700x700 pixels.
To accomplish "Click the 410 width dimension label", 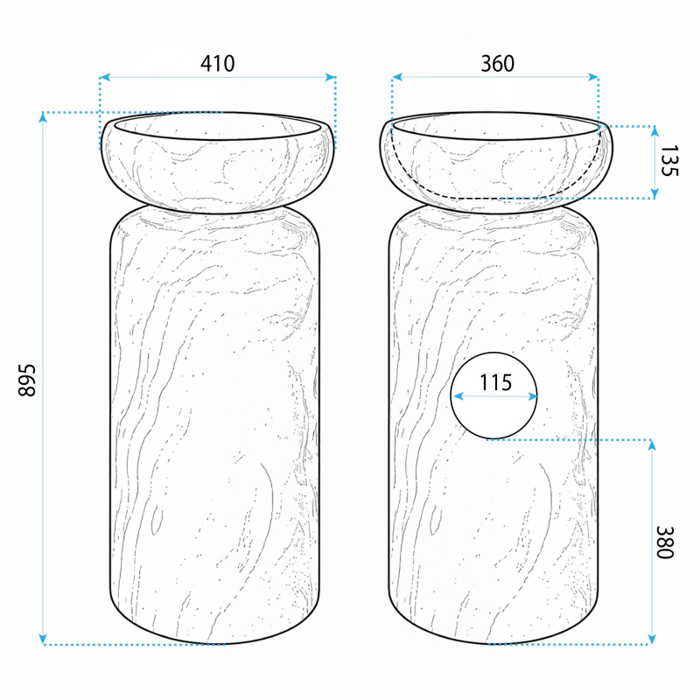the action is tap(217, 64).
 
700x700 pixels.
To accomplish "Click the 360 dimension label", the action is tap(497, 64).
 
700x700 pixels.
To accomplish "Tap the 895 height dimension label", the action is tap(27, 381).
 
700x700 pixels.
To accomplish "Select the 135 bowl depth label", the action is tap(668, 161).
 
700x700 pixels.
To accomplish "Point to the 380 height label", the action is tap(664, 542).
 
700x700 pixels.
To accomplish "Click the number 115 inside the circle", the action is tap(495, 382).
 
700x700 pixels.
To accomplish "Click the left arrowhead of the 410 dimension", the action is tap(104, 77).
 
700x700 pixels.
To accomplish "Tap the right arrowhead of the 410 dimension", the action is tap(331, 77).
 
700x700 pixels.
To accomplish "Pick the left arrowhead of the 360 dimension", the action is tap(397, 77).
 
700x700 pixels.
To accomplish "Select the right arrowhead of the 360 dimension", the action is tap(593, 77).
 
